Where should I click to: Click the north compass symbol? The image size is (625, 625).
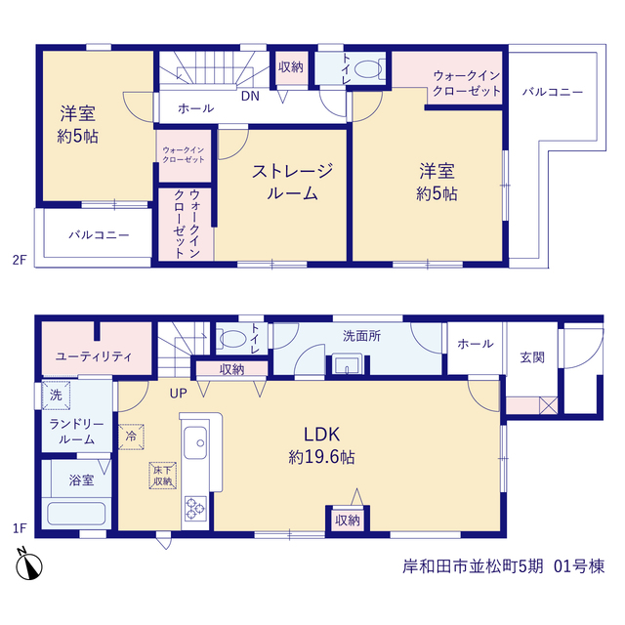pos(28,563)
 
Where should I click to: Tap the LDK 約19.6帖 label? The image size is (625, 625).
pos(321,445)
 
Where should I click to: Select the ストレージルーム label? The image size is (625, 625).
pos(292,182)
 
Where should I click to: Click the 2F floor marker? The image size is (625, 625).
pos(20,260)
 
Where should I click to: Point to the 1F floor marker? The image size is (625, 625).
pos(20,528)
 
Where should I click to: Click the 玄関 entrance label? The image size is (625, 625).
pos(532,357)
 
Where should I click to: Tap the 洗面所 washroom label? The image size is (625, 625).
pos(361,336)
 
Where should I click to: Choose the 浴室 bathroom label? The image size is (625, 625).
pos(81,479)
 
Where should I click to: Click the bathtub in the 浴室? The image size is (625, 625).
pos(76,514)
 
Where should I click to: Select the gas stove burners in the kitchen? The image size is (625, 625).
pos(195,508)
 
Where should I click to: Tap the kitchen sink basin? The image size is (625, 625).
pos(195,442)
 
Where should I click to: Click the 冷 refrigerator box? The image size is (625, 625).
pos(131,437)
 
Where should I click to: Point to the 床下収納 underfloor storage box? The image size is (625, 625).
pos(163,476)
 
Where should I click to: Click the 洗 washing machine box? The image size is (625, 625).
pos(57,395)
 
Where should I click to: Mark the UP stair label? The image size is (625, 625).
pos(178,394)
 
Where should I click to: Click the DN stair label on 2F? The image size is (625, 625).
pos(250,96)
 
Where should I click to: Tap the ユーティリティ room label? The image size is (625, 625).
pos(94,356)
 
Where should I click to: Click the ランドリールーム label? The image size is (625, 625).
pos(76,432)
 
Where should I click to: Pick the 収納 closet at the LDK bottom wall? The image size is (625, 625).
pos(348,520)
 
